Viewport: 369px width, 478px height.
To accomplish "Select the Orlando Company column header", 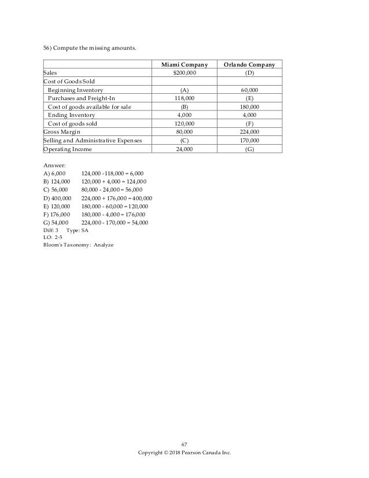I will pyautogui.click(x=250, y=64).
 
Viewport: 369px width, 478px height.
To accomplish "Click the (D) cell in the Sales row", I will pyautogui.click(x=250, y=73).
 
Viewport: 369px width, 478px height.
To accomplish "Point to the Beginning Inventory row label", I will pyautogui.click(x=76, y=91).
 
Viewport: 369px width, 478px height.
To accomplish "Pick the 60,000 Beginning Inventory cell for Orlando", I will pyautogui.click(x=250, y=91).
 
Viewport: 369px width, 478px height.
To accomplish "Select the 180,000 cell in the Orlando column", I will pyautogui.click(x=250, y=107).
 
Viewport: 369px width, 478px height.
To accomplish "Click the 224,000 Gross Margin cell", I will pyautogui.click(x=250, y=132).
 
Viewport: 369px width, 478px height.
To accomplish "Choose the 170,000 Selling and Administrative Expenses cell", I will pyautogui.click(x=250, y=140).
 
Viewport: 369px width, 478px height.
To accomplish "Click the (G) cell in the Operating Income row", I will pyautogui.click(x=250, y=149).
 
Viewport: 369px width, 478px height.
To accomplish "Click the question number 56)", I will pyautogui.click(x=49, y=47).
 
